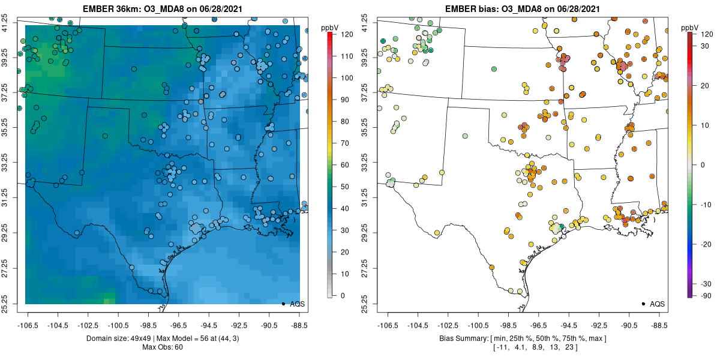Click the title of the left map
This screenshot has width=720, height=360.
click(163, 8)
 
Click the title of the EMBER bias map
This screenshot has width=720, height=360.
click(523, 8)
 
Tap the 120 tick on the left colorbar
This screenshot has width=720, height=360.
click(347, 34)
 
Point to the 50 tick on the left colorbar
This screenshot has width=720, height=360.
click(345, 187)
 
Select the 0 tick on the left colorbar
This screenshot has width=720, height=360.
click(343, 295)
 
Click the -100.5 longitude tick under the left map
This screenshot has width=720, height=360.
click(118, 326)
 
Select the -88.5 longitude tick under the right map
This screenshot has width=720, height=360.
click(659, 326)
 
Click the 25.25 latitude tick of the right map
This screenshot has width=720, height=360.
click(365, 304)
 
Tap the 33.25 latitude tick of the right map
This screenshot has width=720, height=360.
click(365, 163)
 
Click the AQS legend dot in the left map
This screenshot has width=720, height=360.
click(283, 304)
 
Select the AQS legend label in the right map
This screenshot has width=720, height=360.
click(658, 304)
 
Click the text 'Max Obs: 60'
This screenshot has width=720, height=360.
click(163, 347)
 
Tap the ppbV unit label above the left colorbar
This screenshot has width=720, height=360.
click(329, 28)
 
